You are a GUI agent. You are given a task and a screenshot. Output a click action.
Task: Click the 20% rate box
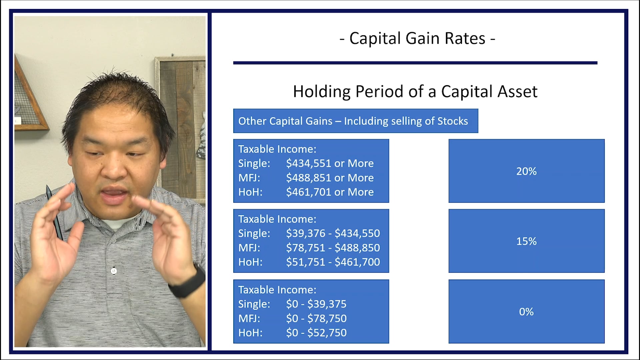tap(526, 171)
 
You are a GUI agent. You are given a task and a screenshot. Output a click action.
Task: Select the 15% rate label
tap(526, 241)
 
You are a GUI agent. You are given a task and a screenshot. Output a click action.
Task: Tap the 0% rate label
tap(526, 312)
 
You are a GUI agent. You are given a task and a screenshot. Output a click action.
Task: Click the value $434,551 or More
tap(330, 163)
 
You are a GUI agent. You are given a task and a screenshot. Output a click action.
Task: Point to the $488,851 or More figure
tap(330, 178)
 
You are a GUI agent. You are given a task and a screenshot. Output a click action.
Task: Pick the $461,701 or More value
tap(330, 192)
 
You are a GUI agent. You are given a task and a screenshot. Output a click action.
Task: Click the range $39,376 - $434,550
tap(333, 233)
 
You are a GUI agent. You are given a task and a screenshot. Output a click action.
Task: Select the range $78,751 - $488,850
tap(333, 248)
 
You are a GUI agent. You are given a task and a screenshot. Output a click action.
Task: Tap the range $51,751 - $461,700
tap(333, 262)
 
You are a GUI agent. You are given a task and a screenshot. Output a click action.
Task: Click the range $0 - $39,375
tap(316, 304)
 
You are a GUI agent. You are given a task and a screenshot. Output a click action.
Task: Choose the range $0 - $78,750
tap(316, 318)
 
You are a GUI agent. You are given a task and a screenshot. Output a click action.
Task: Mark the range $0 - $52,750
tap(316, 333)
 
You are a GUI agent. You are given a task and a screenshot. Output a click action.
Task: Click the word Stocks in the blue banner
tap(452, 121)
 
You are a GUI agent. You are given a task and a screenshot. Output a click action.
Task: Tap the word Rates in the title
tap(465, 38)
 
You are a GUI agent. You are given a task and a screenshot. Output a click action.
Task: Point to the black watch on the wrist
tap(189, 282)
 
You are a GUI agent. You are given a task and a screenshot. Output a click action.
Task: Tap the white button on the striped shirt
tap(114, 271)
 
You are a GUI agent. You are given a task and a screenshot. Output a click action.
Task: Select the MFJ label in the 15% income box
tap(249, 248)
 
